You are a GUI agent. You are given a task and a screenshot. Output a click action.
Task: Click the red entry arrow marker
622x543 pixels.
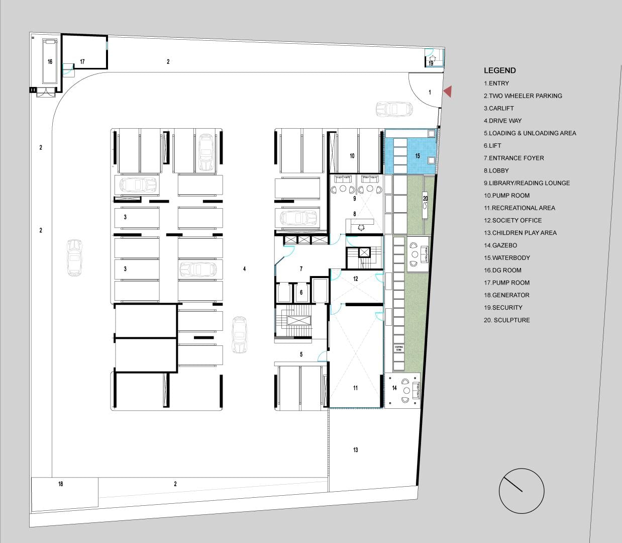(448, 92)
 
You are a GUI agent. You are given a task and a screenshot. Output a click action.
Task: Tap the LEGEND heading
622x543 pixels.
(500, 70)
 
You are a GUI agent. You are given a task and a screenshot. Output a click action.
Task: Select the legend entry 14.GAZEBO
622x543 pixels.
(500, 245)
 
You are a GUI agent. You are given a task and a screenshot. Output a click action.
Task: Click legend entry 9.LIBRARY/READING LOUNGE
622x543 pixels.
(527, 183)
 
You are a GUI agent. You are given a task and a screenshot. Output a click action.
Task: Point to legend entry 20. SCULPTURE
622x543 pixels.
(507, 320)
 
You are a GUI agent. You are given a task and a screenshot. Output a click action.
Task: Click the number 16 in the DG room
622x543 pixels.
(50, 62)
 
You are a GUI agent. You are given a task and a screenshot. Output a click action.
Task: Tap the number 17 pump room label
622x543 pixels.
(82, 62)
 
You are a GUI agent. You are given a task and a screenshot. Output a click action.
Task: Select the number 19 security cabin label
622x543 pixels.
(431, 63)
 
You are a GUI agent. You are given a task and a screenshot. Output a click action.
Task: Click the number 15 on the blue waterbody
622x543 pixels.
(418, 156)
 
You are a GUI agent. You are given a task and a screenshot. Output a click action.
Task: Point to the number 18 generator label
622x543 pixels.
(60, 484)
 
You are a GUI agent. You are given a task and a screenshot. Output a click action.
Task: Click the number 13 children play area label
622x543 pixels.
(356, 449)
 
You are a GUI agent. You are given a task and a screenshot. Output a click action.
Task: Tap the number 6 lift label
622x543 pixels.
(301, 292)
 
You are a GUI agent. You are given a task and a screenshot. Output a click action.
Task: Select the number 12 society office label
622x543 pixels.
(356, 279)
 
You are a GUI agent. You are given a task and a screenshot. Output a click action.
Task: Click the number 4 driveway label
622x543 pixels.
(244, 268)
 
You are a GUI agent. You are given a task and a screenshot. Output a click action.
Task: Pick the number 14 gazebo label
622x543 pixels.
(394, 388)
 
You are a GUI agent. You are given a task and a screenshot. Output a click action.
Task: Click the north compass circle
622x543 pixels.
(522, 491)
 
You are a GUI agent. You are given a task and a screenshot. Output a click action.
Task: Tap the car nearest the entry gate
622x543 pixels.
(394, 109)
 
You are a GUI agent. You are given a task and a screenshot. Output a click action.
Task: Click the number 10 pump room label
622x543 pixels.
(352, 156)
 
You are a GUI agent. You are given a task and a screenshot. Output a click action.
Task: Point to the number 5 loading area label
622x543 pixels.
(301, 354)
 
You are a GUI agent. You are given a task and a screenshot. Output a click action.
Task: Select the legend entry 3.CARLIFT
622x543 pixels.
(499, 108)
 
